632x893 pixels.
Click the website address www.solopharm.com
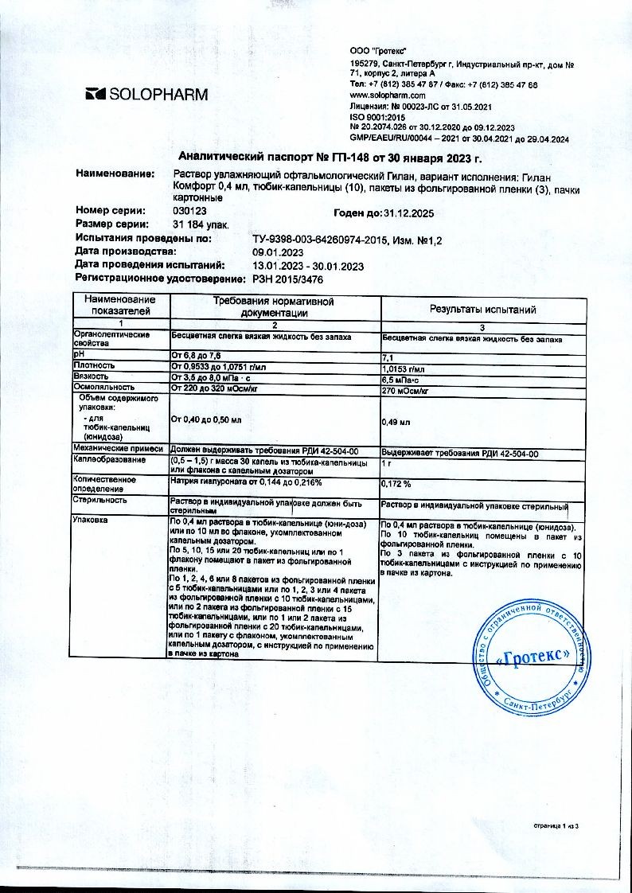(384, 95)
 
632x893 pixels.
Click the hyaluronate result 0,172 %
(399, 483)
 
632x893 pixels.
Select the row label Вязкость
(92, 375)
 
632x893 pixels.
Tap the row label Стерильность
(100, 501)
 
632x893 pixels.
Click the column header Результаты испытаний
(482, 309)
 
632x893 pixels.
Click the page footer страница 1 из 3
(558, 828)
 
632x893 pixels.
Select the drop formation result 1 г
(388, 462)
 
